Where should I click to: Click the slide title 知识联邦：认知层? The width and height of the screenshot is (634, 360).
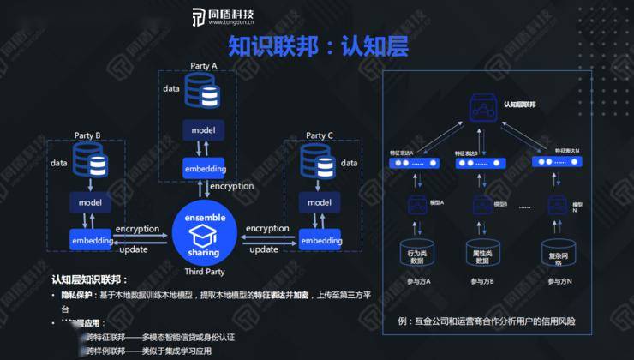[x=318, y=44]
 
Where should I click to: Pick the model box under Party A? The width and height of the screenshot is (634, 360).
[x=203, y=130]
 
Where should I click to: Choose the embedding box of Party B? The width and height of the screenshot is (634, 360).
[x=93, y=241]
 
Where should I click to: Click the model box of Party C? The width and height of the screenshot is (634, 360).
[x=320, y=202]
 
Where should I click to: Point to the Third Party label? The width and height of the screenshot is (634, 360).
[x=205, y=271]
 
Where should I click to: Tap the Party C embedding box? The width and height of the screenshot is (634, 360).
[x=320, y=241]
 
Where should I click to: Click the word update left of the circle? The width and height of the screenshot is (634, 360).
[x=133, y=249]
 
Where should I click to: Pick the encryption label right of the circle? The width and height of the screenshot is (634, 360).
[x=267, y=229]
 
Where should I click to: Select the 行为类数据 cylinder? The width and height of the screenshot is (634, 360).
[x=416, y=255]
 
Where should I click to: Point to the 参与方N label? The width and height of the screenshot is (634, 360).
[x=557, y=282]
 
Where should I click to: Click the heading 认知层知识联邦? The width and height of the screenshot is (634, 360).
[x=89, y=280]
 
